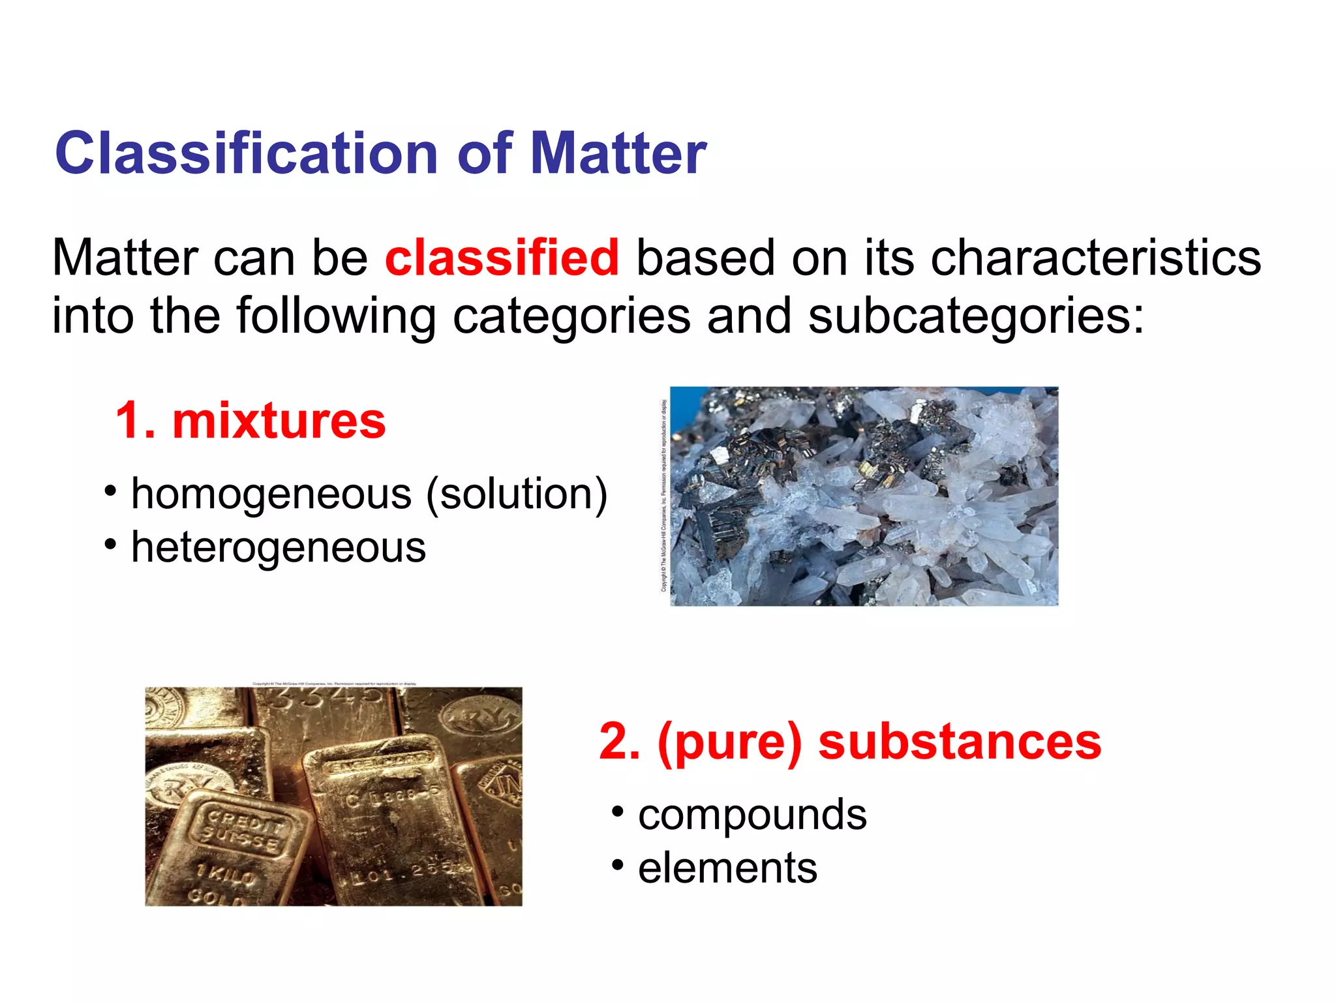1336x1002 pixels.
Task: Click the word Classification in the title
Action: coord(247,153)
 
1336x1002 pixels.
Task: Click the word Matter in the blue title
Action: coord(618,153)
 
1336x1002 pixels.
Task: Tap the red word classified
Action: coord(502,258)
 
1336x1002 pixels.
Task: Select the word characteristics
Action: coord(1095,258)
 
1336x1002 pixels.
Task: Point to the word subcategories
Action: coord(976,316)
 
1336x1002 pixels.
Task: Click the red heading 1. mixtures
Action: coord(250,421)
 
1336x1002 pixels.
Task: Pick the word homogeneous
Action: coord(271,494)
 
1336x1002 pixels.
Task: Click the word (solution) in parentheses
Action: coord(517,494)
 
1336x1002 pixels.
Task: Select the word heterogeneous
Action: coord(279,547)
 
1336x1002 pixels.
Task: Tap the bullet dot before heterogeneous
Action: coord(110,543)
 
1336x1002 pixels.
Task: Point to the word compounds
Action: coord(752,815)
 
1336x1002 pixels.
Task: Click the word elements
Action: coord(727,868)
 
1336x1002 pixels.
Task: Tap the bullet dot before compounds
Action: coord(617,812)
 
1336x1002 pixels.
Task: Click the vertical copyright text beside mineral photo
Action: coord(663,496)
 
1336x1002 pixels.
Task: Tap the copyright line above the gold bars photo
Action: coord(334,684)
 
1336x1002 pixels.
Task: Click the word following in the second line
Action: coord(335,316)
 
